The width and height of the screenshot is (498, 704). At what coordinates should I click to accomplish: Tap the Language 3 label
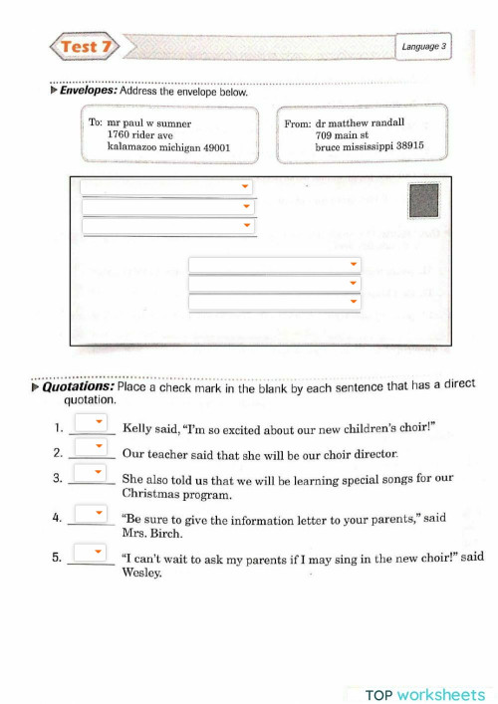click(x=424, y=47)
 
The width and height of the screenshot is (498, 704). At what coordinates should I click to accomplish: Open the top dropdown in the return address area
click(x=166, y=187)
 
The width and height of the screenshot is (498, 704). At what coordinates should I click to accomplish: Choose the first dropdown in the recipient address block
click(x=274, y=264)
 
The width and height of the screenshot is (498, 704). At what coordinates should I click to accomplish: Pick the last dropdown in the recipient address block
click(x=274, y=302)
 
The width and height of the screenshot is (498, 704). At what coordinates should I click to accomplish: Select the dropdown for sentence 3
click(x=91, y=473)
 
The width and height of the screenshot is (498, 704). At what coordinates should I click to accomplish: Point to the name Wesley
click(x=140, y=573)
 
